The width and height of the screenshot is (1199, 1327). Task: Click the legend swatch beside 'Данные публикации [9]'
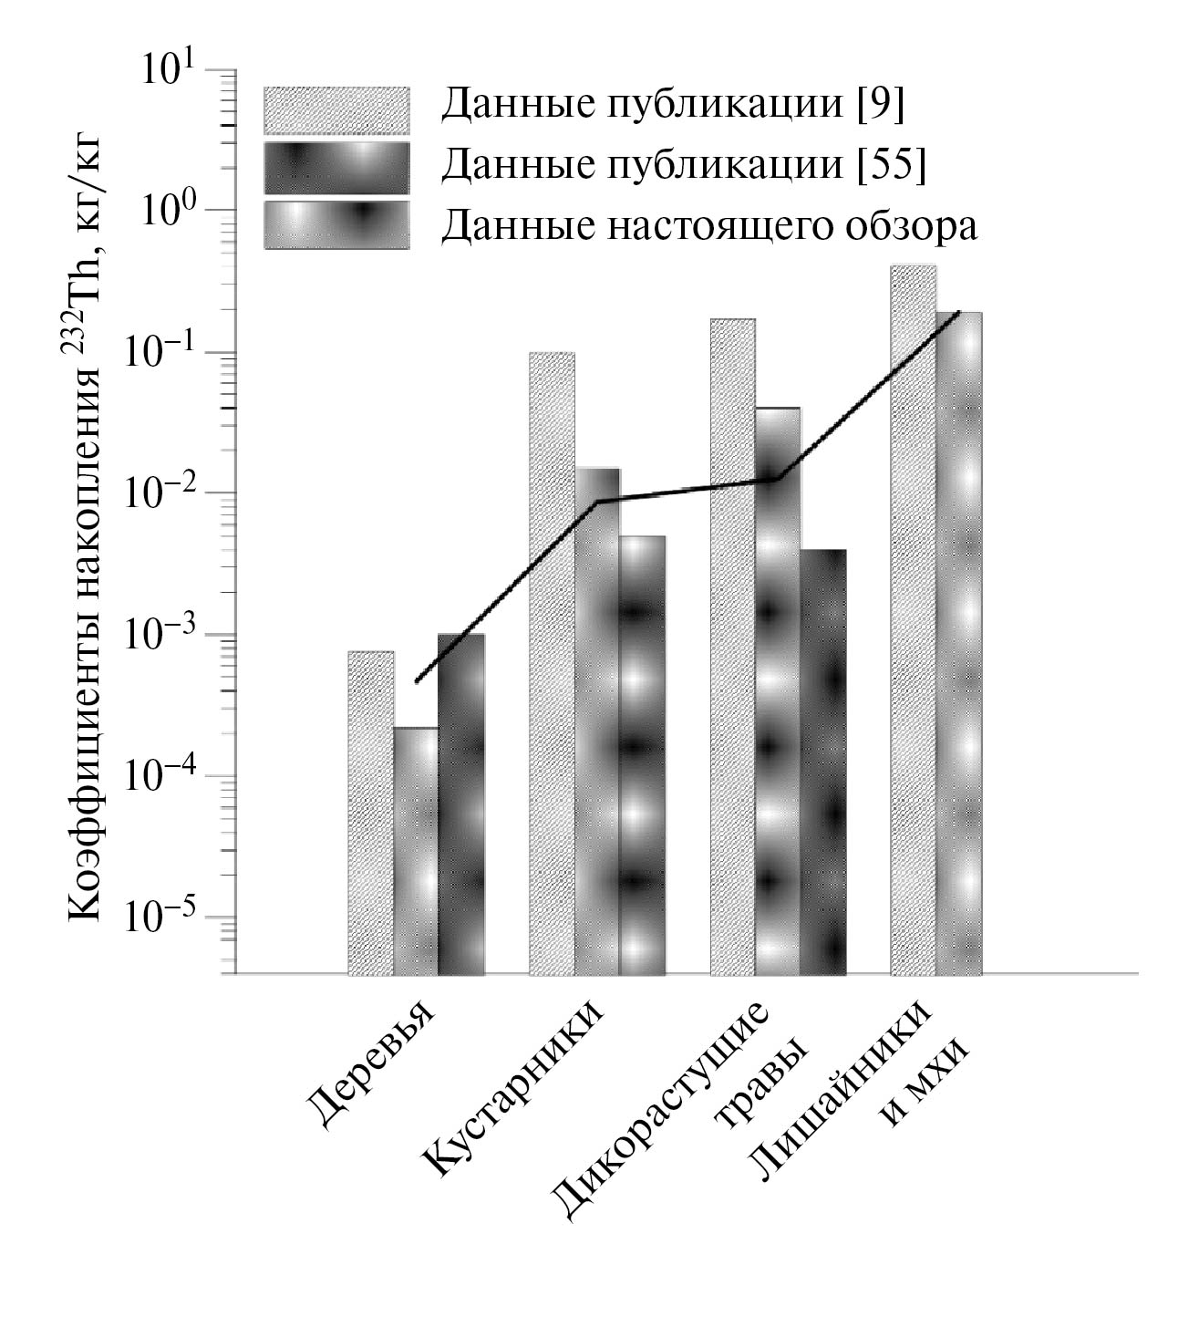[x=336, y=110]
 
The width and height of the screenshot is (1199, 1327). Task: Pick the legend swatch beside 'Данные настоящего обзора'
[x=336, y=224]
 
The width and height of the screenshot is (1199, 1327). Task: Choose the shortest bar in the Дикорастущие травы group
[x=823, y=762]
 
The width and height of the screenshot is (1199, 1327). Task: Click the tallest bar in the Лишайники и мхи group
[x=913, y=620]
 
